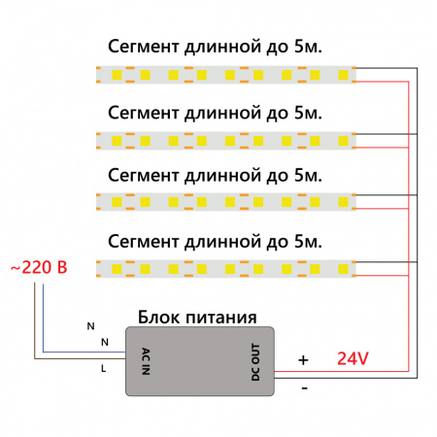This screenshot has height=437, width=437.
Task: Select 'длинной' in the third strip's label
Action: click(x=228, y=176)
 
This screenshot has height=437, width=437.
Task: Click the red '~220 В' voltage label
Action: click(x=39, y=266)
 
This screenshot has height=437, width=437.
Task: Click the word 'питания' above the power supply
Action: click(x=222, y=318)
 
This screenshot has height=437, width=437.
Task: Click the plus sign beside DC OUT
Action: click(x=303, y=359)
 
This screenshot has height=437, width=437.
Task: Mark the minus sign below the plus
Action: click(x=304, y=387)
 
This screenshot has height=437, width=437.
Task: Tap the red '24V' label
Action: click(x=353, y=358)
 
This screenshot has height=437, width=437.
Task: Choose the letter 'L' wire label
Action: click(x=104, y=369)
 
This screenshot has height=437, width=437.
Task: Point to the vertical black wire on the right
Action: click(x=418, y=223)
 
